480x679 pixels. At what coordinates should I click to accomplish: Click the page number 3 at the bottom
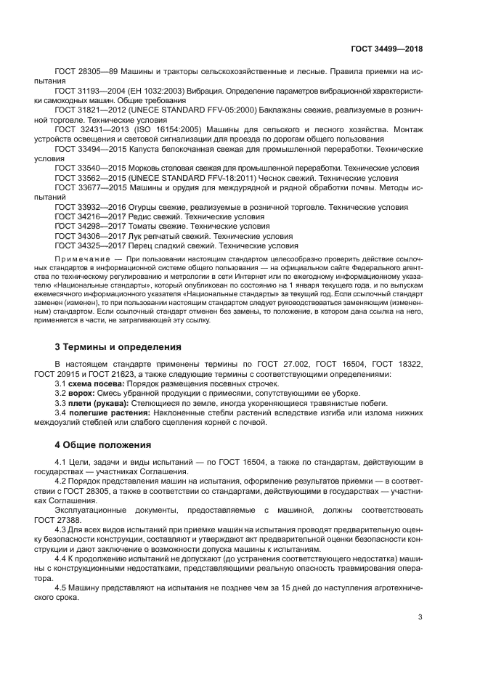420,617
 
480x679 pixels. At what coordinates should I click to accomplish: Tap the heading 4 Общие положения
103,444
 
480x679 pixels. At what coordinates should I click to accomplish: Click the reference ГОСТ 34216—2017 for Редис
92,216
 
